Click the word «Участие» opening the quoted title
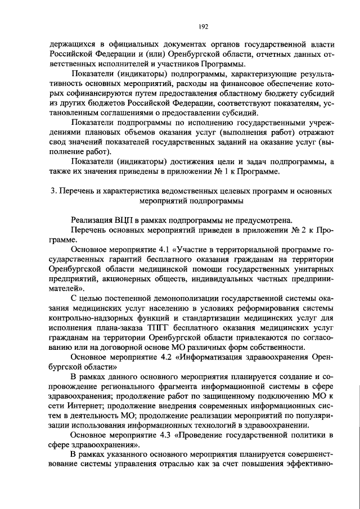point(192,249)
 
